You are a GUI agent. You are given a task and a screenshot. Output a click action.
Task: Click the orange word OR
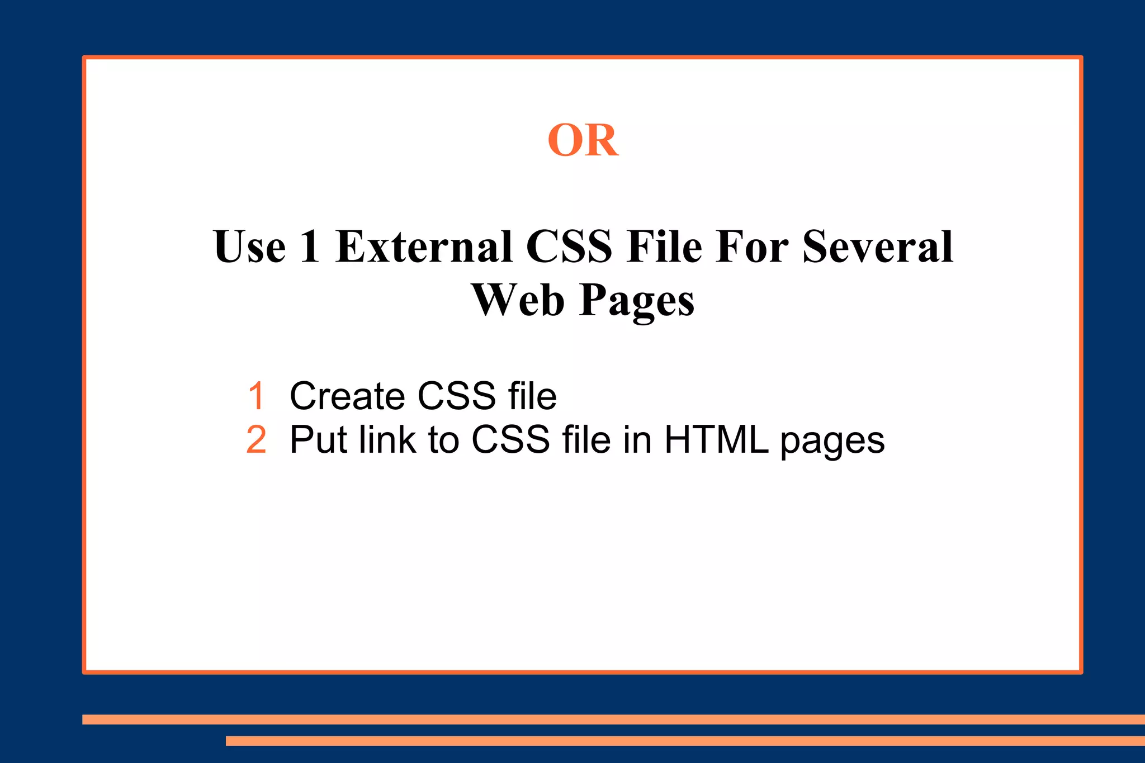pos(583,140)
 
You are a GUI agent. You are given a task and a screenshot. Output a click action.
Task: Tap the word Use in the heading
pos(249,247)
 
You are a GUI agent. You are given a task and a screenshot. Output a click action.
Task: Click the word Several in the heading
pos(878,247)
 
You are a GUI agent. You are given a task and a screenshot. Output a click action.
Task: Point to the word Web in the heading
pos(518,300)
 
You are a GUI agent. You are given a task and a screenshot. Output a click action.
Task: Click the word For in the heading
pos(753,247)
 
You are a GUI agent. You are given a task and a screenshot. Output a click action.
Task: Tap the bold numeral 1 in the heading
pos(310,247)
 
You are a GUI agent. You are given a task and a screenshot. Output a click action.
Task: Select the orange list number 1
pos(256,396)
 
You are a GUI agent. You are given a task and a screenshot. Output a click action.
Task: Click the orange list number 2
pos(256,440)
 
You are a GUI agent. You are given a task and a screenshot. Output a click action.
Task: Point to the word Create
pos(347,396)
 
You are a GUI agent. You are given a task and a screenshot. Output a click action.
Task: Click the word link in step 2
pos(387,440)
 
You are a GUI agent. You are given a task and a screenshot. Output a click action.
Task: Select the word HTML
pos(716,440)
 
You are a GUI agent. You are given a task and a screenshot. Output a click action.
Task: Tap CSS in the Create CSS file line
pos(456,396)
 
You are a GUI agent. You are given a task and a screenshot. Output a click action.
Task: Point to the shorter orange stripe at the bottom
pos(685,741)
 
